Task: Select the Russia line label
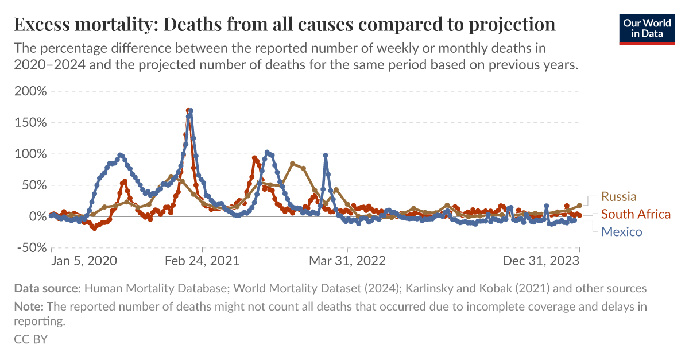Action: [x=619, y=196]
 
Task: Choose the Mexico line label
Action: [x=621, y=232]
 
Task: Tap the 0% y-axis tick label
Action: [x=36, y=216]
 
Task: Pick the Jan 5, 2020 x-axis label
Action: [x=84, y=261]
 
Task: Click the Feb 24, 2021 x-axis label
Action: [x=202, y=261]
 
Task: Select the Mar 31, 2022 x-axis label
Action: [x=347, y=261]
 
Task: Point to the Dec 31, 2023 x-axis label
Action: [x=541, y=261]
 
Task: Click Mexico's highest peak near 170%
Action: [x=191, y=111]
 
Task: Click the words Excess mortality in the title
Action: [x=86, y=25]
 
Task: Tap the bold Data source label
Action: [x=48, y=288]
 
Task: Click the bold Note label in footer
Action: [x=28, y=307]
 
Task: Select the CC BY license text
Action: [x=30, y=339]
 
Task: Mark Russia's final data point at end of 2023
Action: [x=580, y=205]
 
